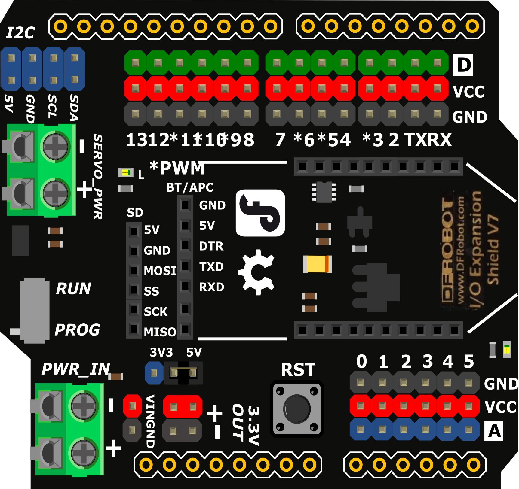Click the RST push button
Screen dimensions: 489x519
[x=297, y=409]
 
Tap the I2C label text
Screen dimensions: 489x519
[x=20, y=33]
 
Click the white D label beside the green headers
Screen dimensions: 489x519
[x=463, y=65]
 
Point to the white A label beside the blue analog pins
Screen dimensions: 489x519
[x=494, y=431]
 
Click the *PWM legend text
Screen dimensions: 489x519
[x=177, y=168]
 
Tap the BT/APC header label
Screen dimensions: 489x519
[x=190, y=187]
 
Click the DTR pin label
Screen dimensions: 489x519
[x=211, y=246]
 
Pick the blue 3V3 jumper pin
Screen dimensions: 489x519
[x=154, y=373]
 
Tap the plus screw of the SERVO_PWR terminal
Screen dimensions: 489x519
[x=55, y=193]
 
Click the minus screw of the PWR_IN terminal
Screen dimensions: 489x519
[x=83, y=406]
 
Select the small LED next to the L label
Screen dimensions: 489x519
[x=126, y=173]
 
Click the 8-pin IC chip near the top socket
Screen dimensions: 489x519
[x=324, y=192]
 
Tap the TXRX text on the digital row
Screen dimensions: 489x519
[x=428, y=140]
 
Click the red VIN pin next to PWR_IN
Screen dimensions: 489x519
[x=132, y=406]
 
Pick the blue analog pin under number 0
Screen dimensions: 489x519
[x=361, y=430]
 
